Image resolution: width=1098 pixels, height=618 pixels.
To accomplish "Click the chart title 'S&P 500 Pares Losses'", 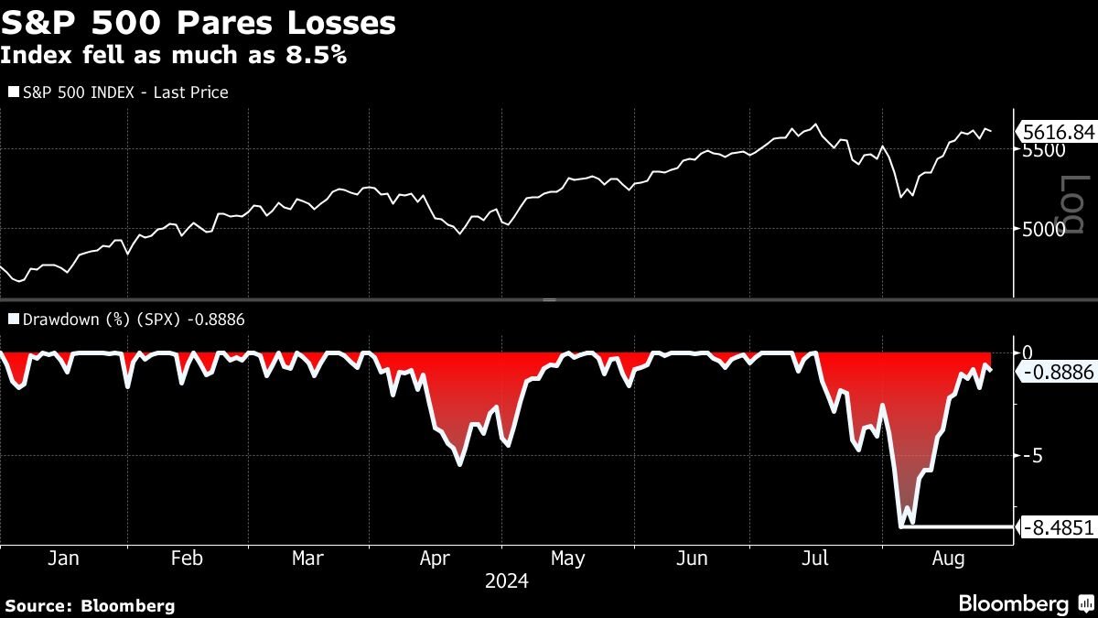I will (199, 23).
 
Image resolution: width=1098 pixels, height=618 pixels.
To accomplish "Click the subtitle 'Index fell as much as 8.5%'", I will (173, 55).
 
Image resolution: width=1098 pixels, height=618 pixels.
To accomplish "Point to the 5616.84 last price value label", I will (1057, 133).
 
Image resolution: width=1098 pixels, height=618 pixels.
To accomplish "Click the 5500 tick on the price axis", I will (1044, 149).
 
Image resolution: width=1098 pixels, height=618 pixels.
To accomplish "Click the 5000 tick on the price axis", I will (1044, 229).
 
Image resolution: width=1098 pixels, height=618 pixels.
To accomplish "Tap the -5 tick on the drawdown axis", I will (1032, 455).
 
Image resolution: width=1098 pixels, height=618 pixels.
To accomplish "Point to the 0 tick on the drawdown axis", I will (1028, 352).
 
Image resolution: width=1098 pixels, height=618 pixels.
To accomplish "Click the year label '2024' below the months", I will (507, 581).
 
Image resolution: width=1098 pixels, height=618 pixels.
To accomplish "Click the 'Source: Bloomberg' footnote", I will (90, 605).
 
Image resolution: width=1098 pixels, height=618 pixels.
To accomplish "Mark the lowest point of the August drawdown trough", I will (903, 526).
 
